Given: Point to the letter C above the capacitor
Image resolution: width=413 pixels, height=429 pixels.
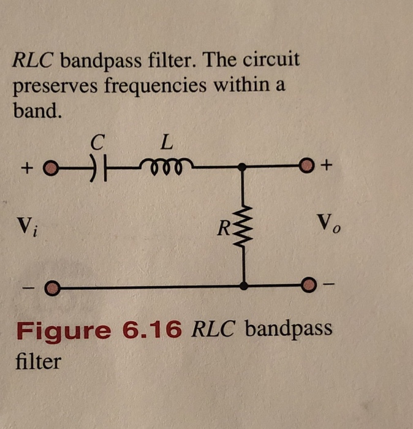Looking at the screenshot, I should point(95,143).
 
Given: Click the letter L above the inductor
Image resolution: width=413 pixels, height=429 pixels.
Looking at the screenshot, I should point(166,143).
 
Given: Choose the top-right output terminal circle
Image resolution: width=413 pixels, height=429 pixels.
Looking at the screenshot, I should point(308,166).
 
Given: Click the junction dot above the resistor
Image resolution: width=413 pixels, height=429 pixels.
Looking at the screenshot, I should point(244,167).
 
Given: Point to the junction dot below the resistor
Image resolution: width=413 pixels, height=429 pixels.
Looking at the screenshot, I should point(244,286).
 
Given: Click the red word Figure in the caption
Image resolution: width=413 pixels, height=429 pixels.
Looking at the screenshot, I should point(64,331).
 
